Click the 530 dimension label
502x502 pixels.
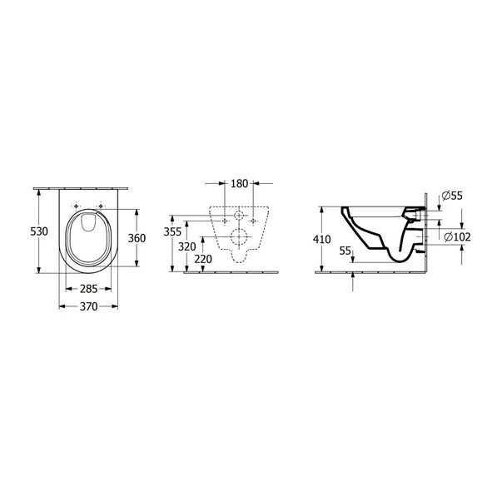click(x=39, y=231)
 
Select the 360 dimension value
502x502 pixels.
click(x=137, y=238)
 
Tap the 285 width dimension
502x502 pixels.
click(x=89, y=289)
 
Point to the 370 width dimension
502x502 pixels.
click(x=89, y=306)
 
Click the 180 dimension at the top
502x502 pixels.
click(x=240, y=184)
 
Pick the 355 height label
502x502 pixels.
click(x=172, y=231)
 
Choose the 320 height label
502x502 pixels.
click(x=187, y=247)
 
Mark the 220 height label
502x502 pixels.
click(x=203, y=259)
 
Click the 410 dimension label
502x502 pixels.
click(x=321, y=240)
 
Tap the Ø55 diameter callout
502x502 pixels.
click(x=452, y=196)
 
